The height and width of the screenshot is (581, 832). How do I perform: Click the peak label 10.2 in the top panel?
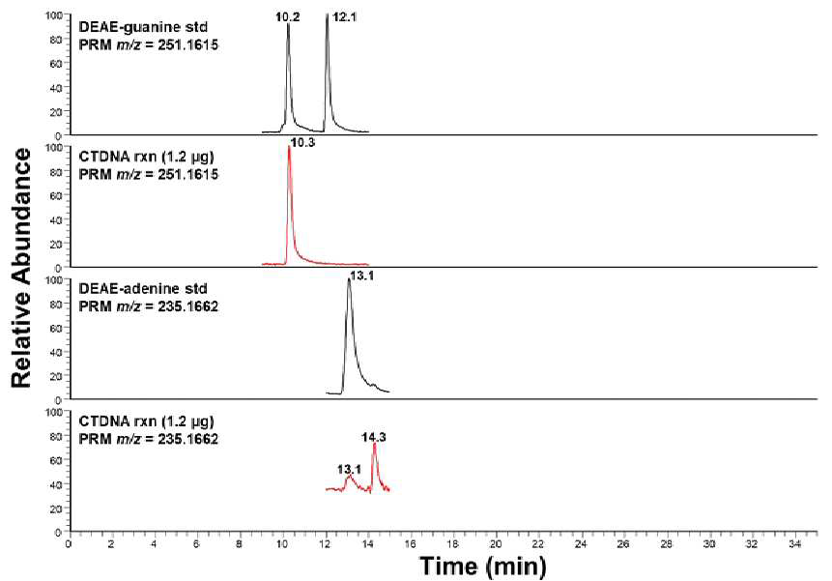(x=288, y=17)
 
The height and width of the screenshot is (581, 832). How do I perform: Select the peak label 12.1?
(x=344, y=17)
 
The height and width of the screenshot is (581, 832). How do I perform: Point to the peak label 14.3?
(x=374, y=437)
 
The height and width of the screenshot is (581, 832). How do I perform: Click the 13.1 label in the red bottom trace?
(x=349, y=469)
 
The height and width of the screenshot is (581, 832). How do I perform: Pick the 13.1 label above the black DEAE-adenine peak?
(x=361, y=276)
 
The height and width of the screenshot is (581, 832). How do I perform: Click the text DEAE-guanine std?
(x=143, y=26)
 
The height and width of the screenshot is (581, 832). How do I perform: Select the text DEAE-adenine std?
(x=143, y=289)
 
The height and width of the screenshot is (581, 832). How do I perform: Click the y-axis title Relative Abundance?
(x=21, y=268)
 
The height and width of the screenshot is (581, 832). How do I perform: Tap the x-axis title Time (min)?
(x=483, y=566)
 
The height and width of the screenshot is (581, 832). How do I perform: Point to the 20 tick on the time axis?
(x=496, y=544)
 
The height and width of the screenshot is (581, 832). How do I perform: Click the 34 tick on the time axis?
(x=795, y=544)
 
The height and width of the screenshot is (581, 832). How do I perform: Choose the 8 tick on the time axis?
(x=240, y=544)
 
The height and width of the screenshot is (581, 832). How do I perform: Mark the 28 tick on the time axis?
(x=667, y=544)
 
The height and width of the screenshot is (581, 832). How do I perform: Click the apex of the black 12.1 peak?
(x=327, y=15)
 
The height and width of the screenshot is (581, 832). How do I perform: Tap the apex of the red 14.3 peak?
(x=374, y=444)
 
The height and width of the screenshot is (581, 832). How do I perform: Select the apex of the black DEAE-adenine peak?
(x=349, y=279)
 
